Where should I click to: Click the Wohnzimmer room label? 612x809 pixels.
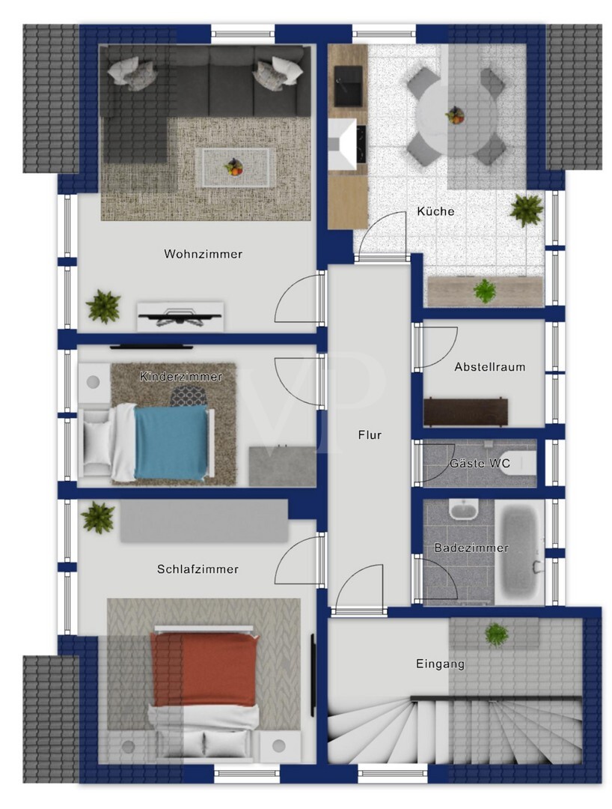[x=203, y=254]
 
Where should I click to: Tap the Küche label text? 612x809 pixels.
[x=436, y=211]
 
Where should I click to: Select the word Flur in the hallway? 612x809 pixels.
[x=370, y=435]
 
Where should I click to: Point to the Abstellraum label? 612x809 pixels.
[x=490, y=367]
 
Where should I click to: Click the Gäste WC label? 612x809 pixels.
[x=480, y=463]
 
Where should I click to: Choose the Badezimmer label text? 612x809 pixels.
[x=471, y=548]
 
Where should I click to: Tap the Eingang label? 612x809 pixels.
[x=440, y=664]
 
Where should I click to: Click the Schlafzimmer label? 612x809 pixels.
[x=198, y=569]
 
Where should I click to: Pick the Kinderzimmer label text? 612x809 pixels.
[x=181, y=377]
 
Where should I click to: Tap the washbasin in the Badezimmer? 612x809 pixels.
[x=464, y=509]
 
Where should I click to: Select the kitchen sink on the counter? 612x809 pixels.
[x=348, y=85]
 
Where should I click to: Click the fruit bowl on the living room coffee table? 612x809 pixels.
[x=234, y=166]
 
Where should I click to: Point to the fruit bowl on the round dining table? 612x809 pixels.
[x=455, y=115]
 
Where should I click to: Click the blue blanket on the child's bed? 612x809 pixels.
[x=170, y=443]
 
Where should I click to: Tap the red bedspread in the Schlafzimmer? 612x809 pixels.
[x=204, y=669]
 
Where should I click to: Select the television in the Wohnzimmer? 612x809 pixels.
[x=180, y=316]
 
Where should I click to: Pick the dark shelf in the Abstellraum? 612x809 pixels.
[x=465, y=412]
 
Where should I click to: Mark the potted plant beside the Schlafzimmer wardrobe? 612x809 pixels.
[x=98, y=517]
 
